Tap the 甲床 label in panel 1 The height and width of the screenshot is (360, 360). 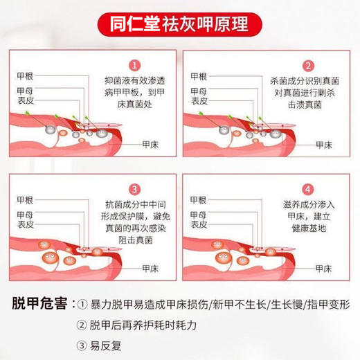pyautogui.click(x=147, y=145)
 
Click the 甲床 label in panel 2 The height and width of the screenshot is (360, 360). pyautogui.click(x=325, y=145)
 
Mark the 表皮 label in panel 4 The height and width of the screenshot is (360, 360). pyautogui.click(x=199, y=225)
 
